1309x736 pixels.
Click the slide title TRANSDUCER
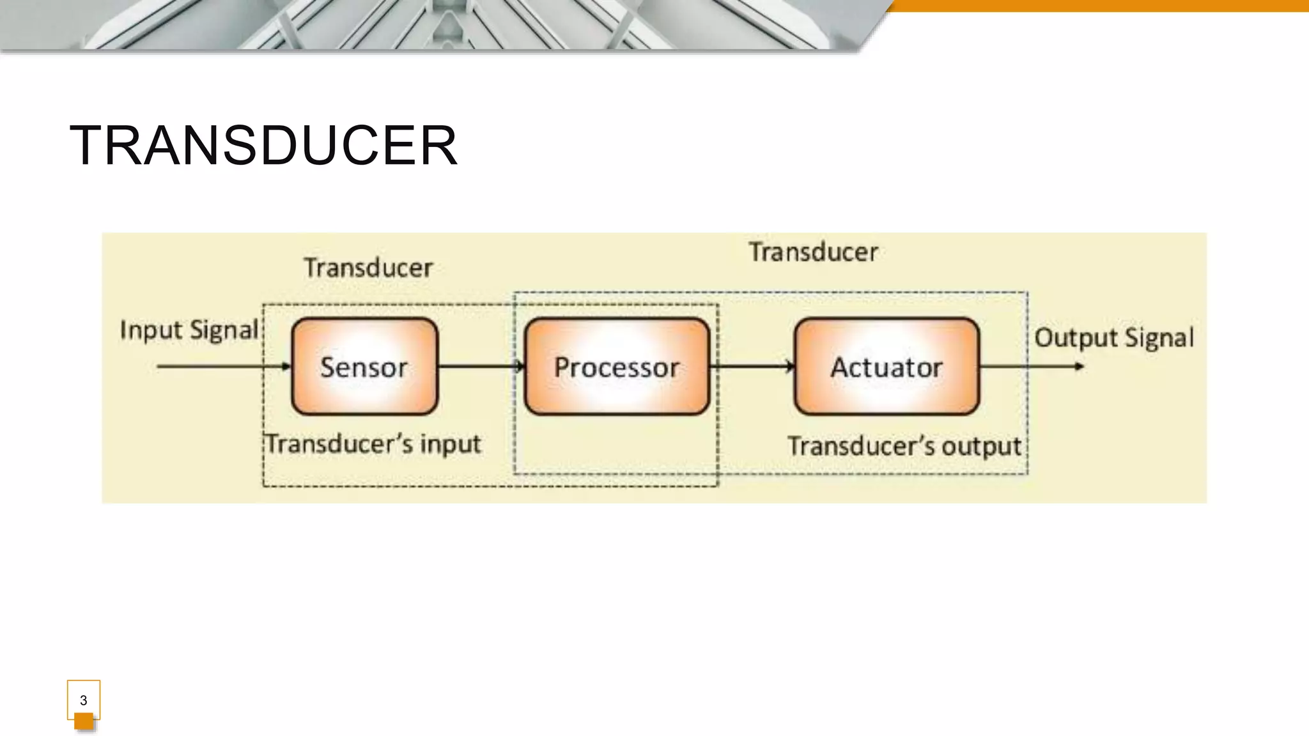(263, 146)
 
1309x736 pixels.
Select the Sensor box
(364, 367)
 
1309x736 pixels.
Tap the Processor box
(617, 367)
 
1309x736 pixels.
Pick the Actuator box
(887, 367)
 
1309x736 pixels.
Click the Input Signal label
(189, 330)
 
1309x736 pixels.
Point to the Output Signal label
(1114, 338)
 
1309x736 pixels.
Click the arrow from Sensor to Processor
(481, 366)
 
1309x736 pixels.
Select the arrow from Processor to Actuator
(752, 366)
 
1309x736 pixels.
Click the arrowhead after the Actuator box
(1079, 366)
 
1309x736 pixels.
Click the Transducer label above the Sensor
(368, 268)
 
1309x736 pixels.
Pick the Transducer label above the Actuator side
(814, 252)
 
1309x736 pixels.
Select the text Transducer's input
(373, 444)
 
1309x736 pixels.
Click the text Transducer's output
(904, 446)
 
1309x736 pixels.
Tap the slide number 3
(83, 700)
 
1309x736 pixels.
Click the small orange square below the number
(84, 721)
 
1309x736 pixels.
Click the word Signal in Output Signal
(1159, 338)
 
